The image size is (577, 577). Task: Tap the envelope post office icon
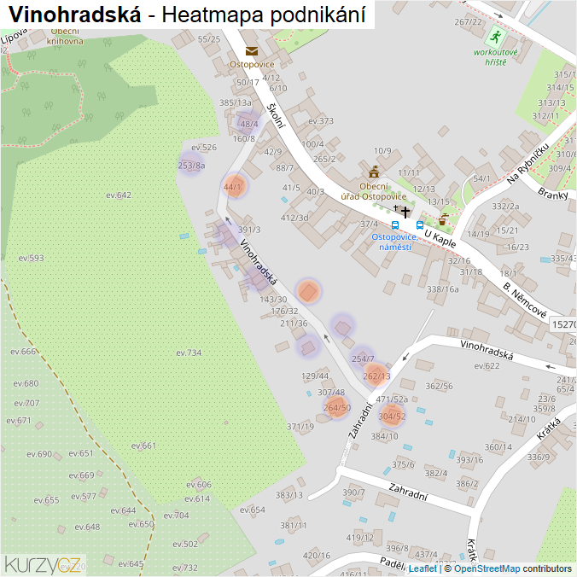(251, 51)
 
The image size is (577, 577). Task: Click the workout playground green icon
(495, 38)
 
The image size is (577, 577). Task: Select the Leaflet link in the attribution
(423, 568)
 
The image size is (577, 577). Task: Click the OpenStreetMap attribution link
(487, 568)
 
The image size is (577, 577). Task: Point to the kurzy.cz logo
(44, 564)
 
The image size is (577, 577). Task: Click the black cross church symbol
(405, 211)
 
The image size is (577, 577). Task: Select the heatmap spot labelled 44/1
(233, 186)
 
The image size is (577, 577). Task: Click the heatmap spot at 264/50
(336, 407)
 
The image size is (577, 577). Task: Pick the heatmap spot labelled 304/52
(392, 416)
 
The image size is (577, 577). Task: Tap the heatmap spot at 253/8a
(191, 165)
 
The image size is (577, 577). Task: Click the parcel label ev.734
(189, 353)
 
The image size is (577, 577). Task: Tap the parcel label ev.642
(119, 195)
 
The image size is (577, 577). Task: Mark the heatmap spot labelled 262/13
(376, 375)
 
